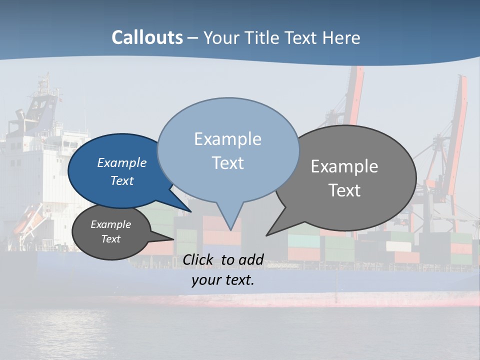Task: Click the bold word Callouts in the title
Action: click(147, 37)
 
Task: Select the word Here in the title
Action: click(341, 37)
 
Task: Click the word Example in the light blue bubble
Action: click(227, 139)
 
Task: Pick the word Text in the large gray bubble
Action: click(344, 190)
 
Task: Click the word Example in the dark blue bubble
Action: click(122, 162)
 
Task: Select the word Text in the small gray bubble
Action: click(111, 239)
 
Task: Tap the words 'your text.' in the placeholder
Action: click(223, 280)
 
